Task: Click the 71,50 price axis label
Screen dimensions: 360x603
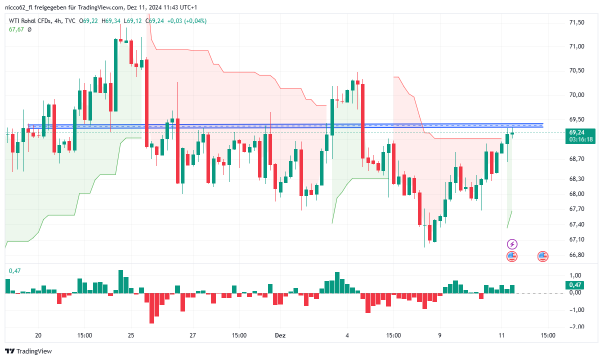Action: click(576, 22)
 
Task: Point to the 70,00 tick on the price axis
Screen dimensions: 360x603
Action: click(576, 95)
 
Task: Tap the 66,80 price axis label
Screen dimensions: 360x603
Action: click(576, 255)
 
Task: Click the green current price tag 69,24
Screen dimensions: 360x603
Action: click(576, 132)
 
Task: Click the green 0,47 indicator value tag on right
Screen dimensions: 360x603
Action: click(576, 285)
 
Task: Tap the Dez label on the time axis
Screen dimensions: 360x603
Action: click(280, 335)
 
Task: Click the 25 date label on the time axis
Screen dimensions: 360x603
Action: click(131, 335)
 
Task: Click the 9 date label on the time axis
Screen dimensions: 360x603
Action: click(440, 335)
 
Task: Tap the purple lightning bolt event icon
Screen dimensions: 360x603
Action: click(512, 244)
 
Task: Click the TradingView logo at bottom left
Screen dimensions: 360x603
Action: click(28, 351)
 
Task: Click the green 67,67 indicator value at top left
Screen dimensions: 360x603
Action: click(16, 29)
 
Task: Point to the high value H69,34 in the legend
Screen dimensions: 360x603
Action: click(111, 21)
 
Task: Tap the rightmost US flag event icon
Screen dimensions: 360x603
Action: click(543, 256)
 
